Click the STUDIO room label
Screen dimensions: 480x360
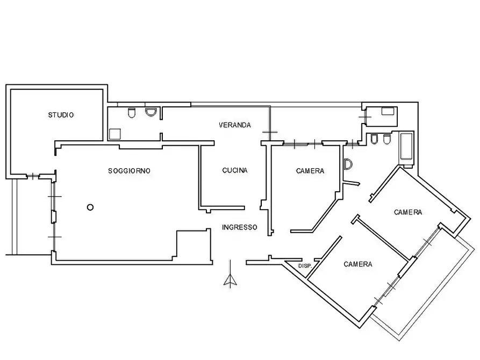[61, 115]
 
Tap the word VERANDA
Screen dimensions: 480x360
[235, 125]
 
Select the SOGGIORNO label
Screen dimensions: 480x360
[129, 171]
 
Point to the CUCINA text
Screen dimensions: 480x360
[235, 170]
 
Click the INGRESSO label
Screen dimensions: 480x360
[239, 227]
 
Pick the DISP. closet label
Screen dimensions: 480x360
[305, 266]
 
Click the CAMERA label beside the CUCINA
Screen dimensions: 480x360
[310, 171]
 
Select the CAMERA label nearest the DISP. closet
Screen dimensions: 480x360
[358, 264]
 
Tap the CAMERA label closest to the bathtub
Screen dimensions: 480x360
[408, 212]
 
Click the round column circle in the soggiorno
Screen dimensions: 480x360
[90, 207]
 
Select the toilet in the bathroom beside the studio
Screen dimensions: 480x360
[132, 113]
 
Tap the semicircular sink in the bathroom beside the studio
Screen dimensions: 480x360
[151, 112]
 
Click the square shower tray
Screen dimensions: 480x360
[115, 134]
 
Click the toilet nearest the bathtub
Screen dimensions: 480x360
[387, 139]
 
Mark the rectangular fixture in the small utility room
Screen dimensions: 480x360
[388, 111]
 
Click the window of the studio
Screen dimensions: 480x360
[32, 177]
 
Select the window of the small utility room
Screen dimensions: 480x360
[364, 117]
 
